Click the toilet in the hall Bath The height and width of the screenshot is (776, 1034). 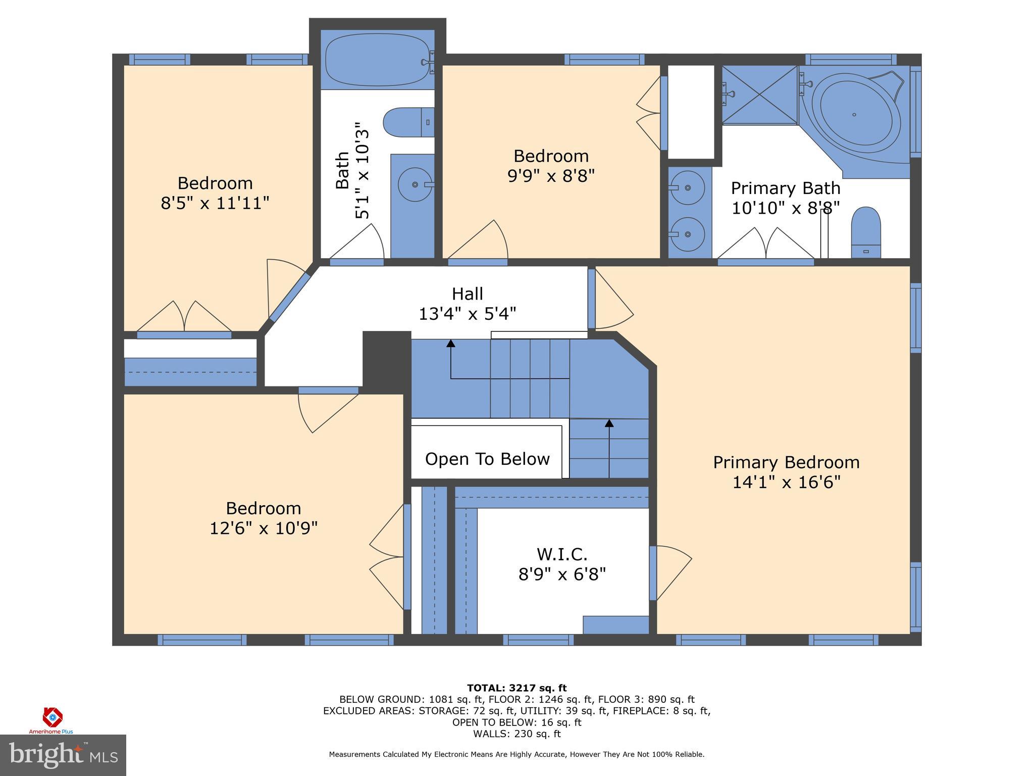(408, 122)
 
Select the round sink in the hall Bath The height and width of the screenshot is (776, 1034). (415, 184)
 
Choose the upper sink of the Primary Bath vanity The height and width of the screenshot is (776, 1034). (687, 187)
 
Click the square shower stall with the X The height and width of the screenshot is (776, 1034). (759, 94)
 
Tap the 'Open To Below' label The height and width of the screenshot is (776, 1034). (487, 459)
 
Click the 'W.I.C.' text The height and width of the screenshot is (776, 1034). (561, 554)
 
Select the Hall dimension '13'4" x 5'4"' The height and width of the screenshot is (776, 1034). (467, 314)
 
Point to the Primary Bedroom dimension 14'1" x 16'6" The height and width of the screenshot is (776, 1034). (786, 482)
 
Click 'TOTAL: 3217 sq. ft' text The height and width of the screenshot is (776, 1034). (516, 688)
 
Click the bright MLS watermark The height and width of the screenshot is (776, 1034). (63, 755)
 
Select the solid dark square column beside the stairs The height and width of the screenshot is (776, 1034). (387, 359)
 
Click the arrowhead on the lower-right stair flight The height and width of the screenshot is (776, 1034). (609, 423)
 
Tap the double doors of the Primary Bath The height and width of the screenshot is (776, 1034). (766, 245)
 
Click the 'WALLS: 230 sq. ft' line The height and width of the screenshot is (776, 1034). (516, 734)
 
